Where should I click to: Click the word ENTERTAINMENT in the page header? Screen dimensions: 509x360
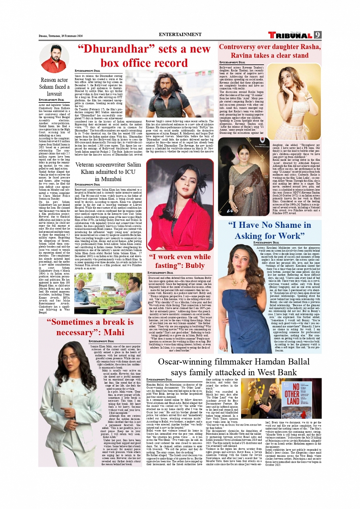pyautogui.click(x=180, y=34)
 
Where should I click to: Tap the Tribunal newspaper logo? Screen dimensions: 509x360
pyautogui.click(x=291, y=35)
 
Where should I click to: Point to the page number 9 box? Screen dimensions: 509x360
pyautogui.click(x=318, y=35)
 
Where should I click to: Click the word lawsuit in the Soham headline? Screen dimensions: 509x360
pyautogui.click(x=54, y=94)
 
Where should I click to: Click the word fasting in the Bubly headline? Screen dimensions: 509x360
pyautogui.click(x=166, y=265)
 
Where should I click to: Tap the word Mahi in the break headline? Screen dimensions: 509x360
pyautogui.click(x=114, y=332)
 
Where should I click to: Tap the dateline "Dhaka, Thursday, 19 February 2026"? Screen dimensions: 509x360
pyautogui.click(x=61, y=36)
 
